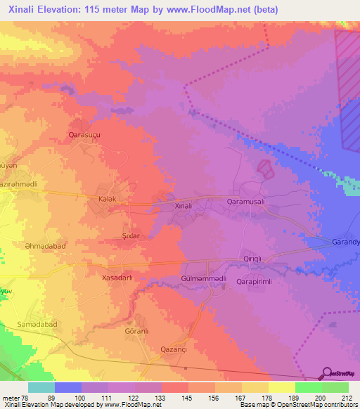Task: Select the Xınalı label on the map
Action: click(183, 207)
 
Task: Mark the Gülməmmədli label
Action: click(203, 278)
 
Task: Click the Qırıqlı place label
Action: click(252, 259)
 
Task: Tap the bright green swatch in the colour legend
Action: click(308, 387)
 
